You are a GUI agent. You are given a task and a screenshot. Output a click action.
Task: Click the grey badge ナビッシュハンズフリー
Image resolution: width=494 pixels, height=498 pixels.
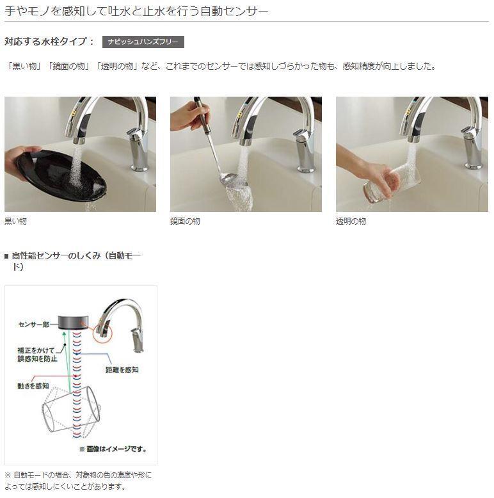[x=143, y=42]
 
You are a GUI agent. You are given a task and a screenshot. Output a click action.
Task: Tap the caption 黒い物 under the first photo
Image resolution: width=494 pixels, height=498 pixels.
[x=16, y=221]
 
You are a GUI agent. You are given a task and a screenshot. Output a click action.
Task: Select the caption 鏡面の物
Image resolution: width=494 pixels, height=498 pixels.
[x=185, y=221]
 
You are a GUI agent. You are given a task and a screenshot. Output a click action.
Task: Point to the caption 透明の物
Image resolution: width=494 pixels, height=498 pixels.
[x=351, y=221]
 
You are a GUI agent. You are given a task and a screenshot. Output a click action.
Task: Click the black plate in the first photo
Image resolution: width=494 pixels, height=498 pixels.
[x=61, y=174]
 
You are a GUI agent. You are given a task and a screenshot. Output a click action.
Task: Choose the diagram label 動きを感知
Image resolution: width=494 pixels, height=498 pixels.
[x=34, y=386]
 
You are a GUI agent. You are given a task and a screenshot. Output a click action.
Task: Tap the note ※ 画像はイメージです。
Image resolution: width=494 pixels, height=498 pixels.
[x=113, y=449]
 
